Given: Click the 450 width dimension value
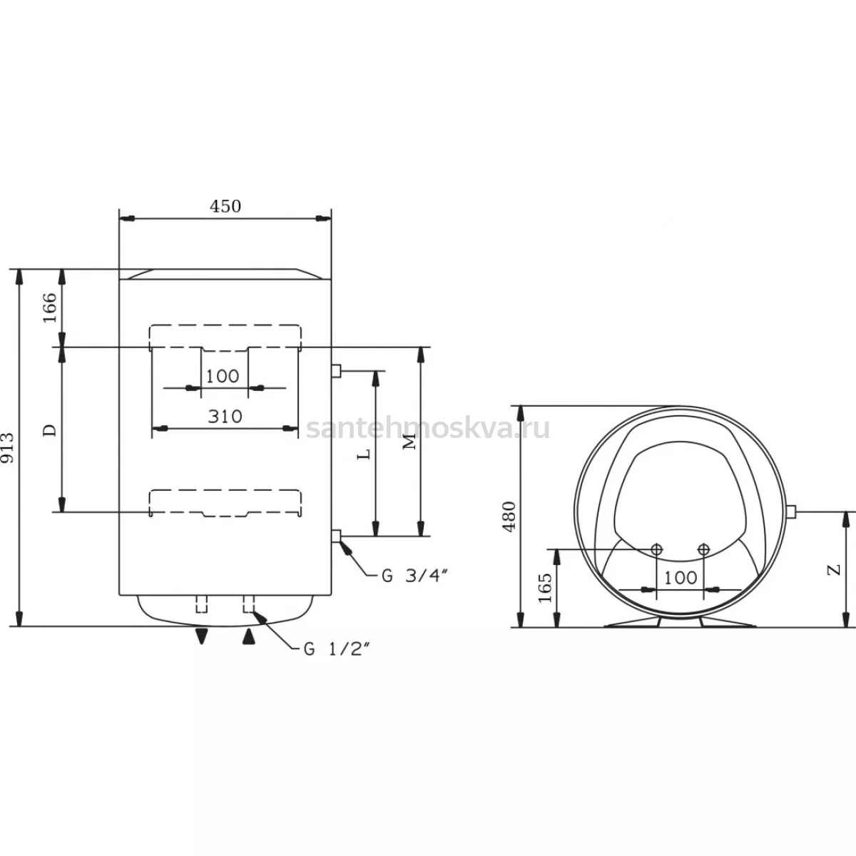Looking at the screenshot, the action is pos(225,206).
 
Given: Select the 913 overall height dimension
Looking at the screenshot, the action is pos(8,448).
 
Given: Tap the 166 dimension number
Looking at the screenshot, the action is pos(50,308).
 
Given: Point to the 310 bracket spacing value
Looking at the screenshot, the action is pos(225,417).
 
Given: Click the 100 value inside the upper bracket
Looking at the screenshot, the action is pos(223,377).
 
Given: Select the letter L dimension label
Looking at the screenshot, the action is pos(364,454).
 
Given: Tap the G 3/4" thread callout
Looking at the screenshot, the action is pos(414,576).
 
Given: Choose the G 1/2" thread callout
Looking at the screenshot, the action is pos(337,649).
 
